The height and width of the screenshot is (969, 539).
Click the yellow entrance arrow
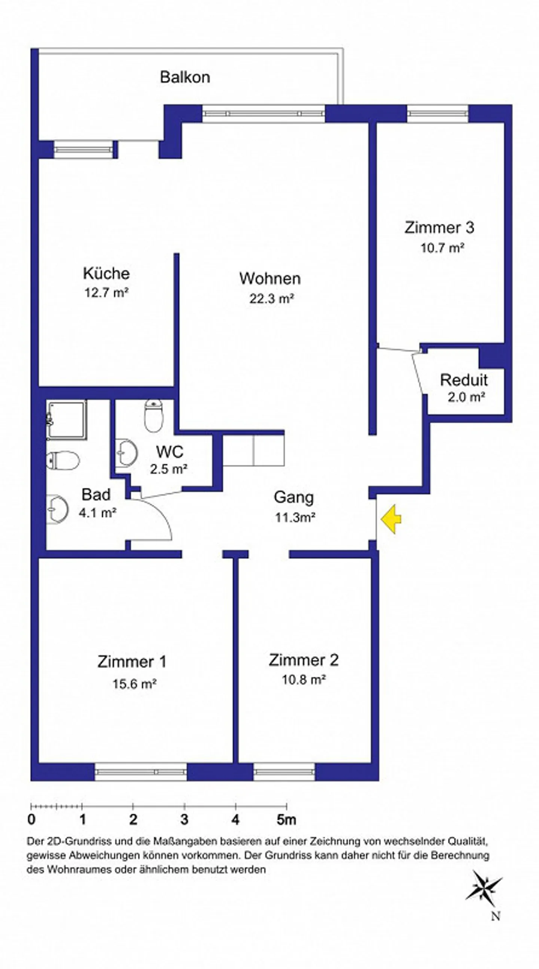(x=391, y=519)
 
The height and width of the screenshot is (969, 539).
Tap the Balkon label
(x=185, y=77)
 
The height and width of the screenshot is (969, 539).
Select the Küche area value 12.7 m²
(x=106, y=292)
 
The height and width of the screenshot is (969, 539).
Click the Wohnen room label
(x=270, y=279)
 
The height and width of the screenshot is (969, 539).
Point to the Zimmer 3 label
(x=439, y=228)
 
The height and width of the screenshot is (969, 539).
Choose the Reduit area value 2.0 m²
(x=466, y=397)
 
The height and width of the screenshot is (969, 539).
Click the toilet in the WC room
(x=154, y=415)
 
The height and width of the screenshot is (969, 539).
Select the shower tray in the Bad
(x=67, y=420)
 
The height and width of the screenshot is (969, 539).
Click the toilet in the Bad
(x=63, y=460)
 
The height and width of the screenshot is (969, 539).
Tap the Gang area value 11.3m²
(x=295, y=518)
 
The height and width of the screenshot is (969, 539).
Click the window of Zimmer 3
(x=438, y=114)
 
